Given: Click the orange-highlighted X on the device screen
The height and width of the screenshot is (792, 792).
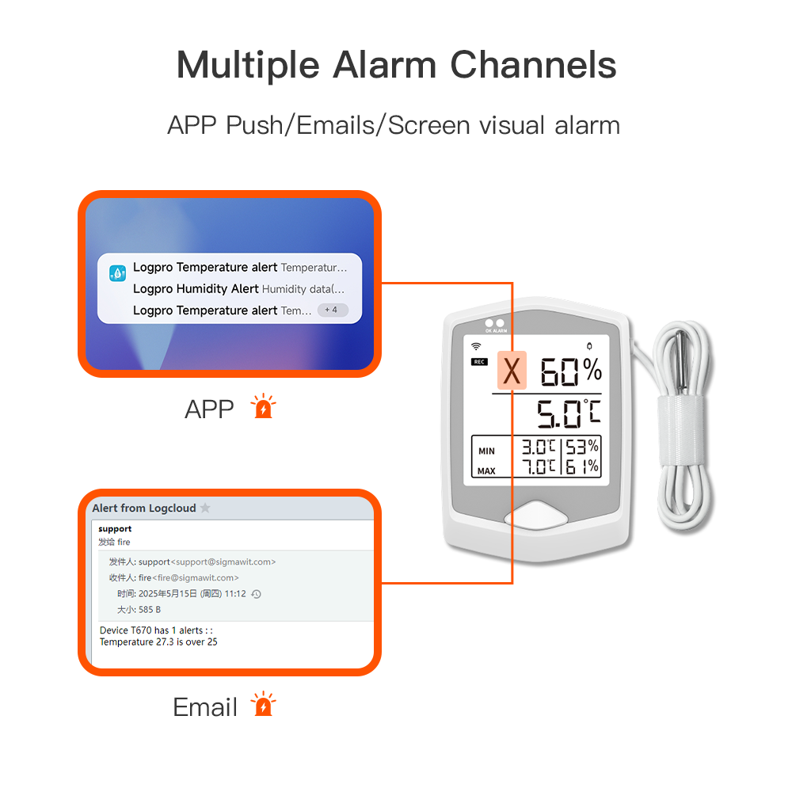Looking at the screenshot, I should pyautogui.click(x=512, y=371).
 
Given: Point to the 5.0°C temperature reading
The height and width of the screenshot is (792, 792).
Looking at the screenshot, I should pyautogui.click(x=568, y=413).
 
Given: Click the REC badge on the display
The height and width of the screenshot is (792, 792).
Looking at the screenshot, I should pyautogui.click(x=479, y=362).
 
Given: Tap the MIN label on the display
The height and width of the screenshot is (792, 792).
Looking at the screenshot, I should pyautogui.click(x=486, y=451).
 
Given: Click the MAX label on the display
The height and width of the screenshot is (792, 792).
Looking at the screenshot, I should pyautogui.click(x=486, y=470).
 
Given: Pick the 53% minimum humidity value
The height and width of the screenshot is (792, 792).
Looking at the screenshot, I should pyautogui.click(x=581, y=447).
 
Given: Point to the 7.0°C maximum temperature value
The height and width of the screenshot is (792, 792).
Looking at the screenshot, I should pyautogui.click(x=539, y=466).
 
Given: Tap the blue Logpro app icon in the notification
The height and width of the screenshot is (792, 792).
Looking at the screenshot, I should pyautogui.click(x=118, y=273).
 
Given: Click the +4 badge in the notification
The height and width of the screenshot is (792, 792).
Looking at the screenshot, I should pyautogui.click(x=332, y=310).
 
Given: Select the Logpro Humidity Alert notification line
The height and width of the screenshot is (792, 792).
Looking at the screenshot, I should pyautogui.click(x=238, y=289).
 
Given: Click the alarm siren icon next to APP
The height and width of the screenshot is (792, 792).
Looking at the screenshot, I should pyautogui.click(x=262, y=407).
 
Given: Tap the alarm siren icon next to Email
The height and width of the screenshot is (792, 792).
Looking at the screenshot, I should pyautogui.click(x=262, y=705).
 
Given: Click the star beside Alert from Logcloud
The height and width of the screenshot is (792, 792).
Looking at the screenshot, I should pyautogui.click(x=205, y=508).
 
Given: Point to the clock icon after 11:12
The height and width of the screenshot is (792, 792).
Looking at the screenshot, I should pyautogui.click(x=256, y=594).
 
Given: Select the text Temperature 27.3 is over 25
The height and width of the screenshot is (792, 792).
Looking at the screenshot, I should pyautogui.click(x=158, y=642).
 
